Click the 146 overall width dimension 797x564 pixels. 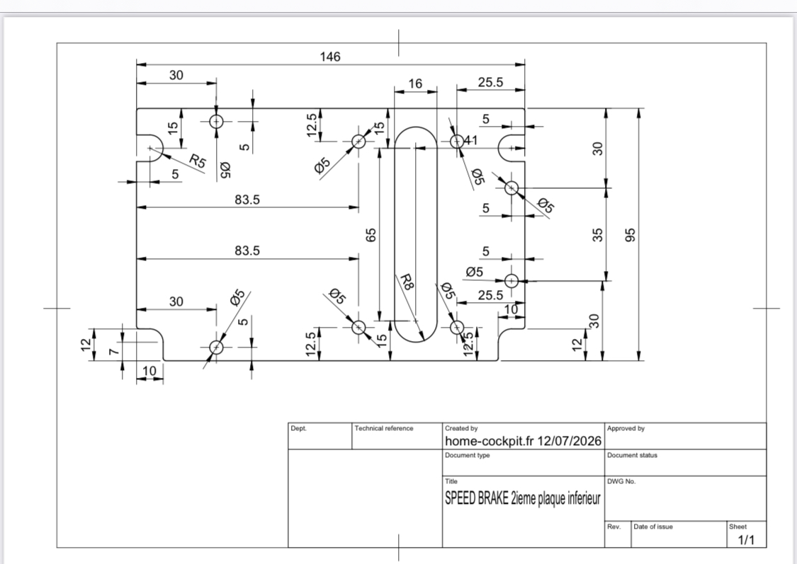tap(330, 57)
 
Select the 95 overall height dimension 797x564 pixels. tap(630, 235)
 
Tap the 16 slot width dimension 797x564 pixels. tap(415, 84)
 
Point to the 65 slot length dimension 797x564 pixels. tap(371, 235)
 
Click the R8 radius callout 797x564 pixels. tap(407, 282)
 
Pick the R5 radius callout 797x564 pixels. tap(198, 161)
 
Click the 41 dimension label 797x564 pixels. tap(470, 140)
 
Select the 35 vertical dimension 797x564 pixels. tap(598, 235)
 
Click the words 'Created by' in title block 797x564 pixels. tap(461, 428)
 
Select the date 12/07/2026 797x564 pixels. tap(570, 441)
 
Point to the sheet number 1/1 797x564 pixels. tap(746, 540)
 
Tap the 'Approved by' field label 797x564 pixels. tap(626, 428)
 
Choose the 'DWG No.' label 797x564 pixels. tap(621, 481)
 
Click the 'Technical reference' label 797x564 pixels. tap(384, 428)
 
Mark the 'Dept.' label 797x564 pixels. tap(299, 428)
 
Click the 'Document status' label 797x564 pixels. tap(633, 455)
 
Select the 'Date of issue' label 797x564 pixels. tap(653, 527)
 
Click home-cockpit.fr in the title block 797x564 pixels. tap(490, 441)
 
